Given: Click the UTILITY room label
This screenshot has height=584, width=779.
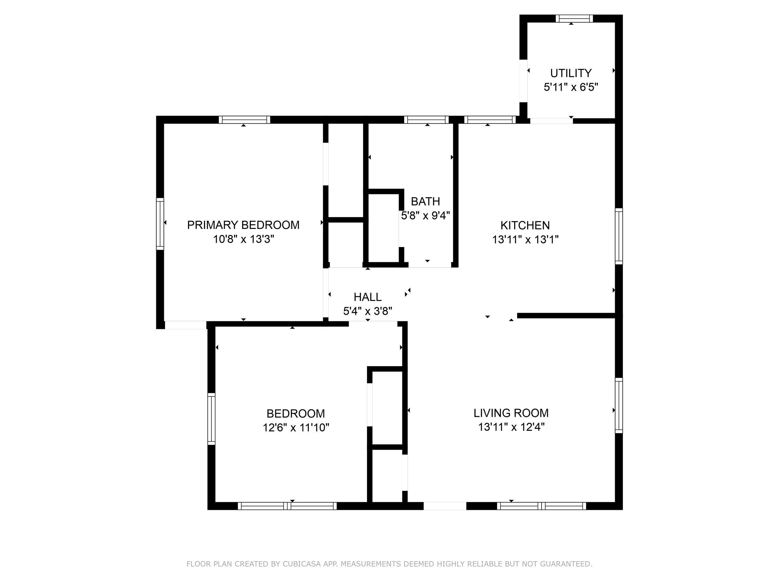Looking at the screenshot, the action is tap(571, 73).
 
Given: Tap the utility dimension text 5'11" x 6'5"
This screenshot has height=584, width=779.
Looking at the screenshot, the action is tap(571, 87).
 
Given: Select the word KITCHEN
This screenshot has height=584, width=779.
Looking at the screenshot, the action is tap(525, 225).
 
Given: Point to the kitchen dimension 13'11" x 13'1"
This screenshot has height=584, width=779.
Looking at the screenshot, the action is tap(525, 240).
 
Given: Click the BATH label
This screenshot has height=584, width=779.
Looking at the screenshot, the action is tap(425, 201).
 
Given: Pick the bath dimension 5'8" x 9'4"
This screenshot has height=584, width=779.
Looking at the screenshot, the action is tap(425, 216).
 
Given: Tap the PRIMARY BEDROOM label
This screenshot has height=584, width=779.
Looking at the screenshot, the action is tap(243, 225).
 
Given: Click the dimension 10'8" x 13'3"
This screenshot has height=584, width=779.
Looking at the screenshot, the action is tap(243, 239).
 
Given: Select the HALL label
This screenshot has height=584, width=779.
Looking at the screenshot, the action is tap(368, 297).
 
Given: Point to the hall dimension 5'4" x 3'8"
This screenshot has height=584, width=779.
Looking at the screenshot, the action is tap(368, 311).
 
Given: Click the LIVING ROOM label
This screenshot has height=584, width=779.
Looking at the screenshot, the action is tap(511, 413).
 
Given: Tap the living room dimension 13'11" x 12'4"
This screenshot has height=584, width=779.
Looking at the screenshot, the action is tap(511, 427).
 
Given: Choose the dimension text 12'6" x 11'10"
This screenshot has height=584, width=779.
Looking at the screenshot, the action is tap(296, 427).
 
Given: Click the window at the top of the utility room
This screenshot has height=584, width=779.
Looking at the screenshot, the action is tap(574, 19).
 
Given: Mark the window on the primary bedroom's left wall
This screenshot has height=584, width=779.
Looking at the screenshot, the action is tap(160, 224).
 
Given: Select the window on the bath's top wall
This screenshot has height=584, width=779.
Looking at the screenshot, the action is tap(427, 120).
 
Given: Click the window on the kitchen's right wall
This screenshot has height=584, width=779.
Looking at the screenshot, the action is tap(619, 236).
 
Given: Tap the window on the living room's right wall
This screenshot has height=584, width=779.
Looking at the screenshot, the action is tap(619, 406).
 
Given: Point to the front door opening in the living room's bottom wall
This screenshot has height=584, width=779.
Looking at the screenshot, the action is tap(445, 506).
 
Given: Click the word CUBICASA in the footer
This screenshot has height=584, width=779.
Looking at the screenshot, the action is tap(301, 564).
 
